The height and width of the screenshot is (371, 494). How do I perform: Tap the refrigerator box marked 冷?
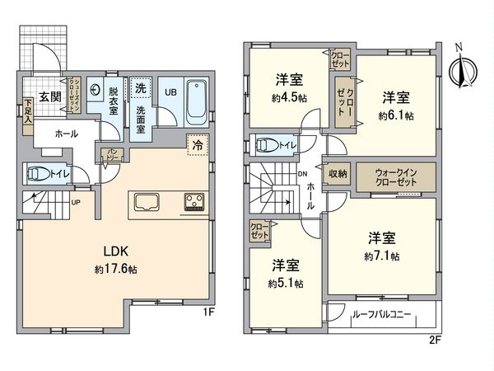point(197,143)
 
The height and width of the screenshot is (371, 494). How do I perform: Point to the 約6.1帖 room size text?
point(393,116)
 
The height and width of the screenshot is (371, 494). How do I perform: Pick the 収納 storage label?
point(338,173)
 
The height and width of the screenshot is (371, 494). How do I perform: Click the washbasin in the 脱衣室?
point(95,92)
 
